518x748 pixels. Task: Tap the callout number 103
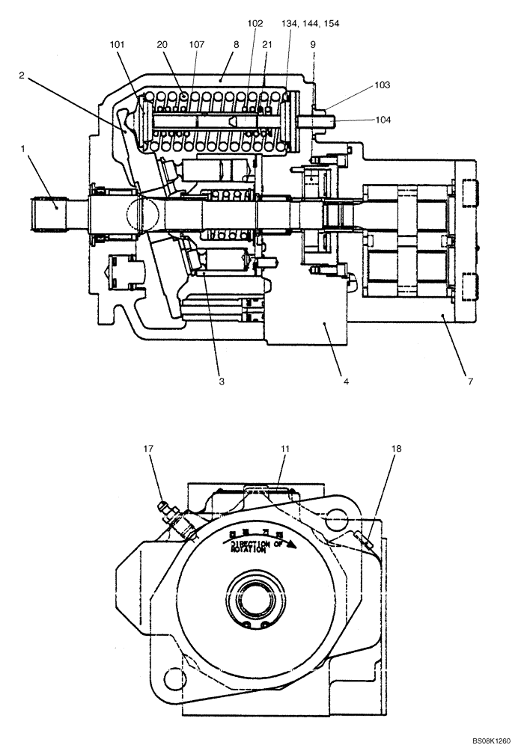[x=383, y=85]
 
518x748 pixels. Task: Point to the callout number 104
[x=383, y=120]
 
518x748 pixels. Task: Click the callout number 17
[x=149, y=450]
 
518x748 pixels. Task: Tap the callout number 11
[x=285, y=450]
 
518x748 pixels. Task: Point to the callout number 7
[x=470, y=381]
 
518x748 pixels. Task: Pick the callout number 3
[x=222, y=381]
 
